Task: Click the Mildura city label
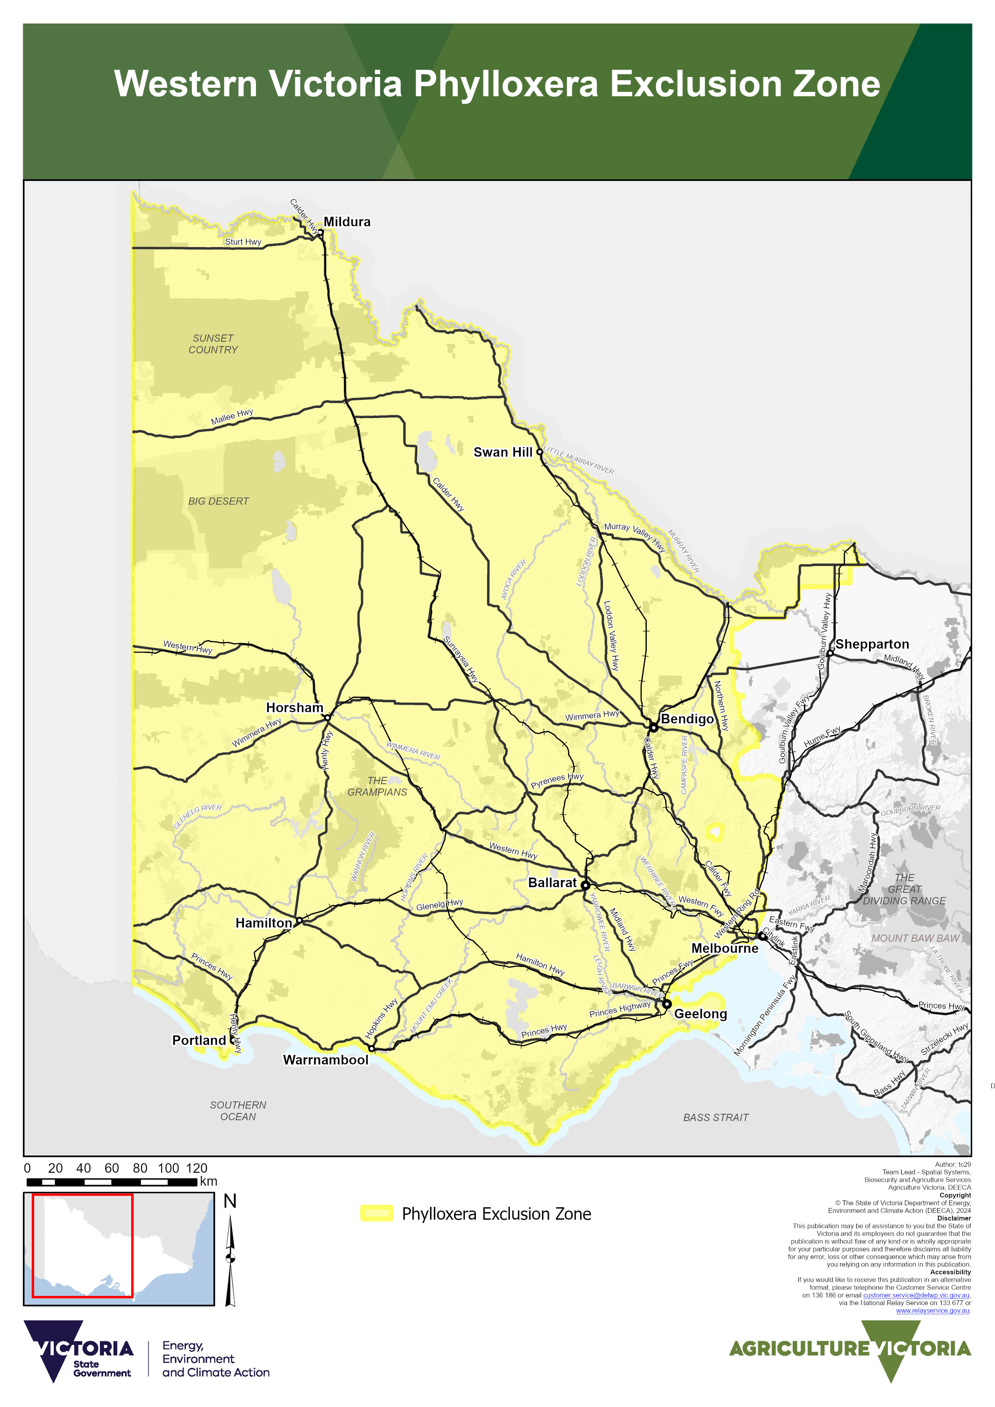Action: (347, 222)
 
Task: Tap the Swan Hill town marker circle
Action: (540, 452)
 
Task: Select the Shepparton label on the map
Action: (872, 644)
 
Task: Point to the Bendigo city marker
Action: (654, 728)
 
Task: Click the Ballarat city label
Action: (552, 882)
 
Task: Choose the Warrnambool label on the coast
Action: (325, 1060)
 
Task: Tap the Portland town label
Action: (199, 1040)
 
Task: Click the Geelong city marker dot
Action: (666, 1004)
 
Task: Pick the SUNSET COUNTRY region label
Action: (213, 344)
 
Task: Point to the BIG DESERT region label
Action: (218, 501)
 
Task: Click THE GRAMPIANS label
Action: (377, 786)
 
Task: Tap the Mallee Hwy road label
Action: (232, 417)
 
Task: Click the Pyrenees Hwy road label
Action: (556, 780)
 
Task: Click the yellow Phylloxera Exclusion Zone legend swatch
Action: (376, 1213)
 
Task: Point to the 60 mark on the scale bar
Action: (112, 1168)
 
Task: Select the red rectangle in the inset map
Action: (82, 1245)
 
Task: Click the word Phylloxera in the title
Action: (506, 84)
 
